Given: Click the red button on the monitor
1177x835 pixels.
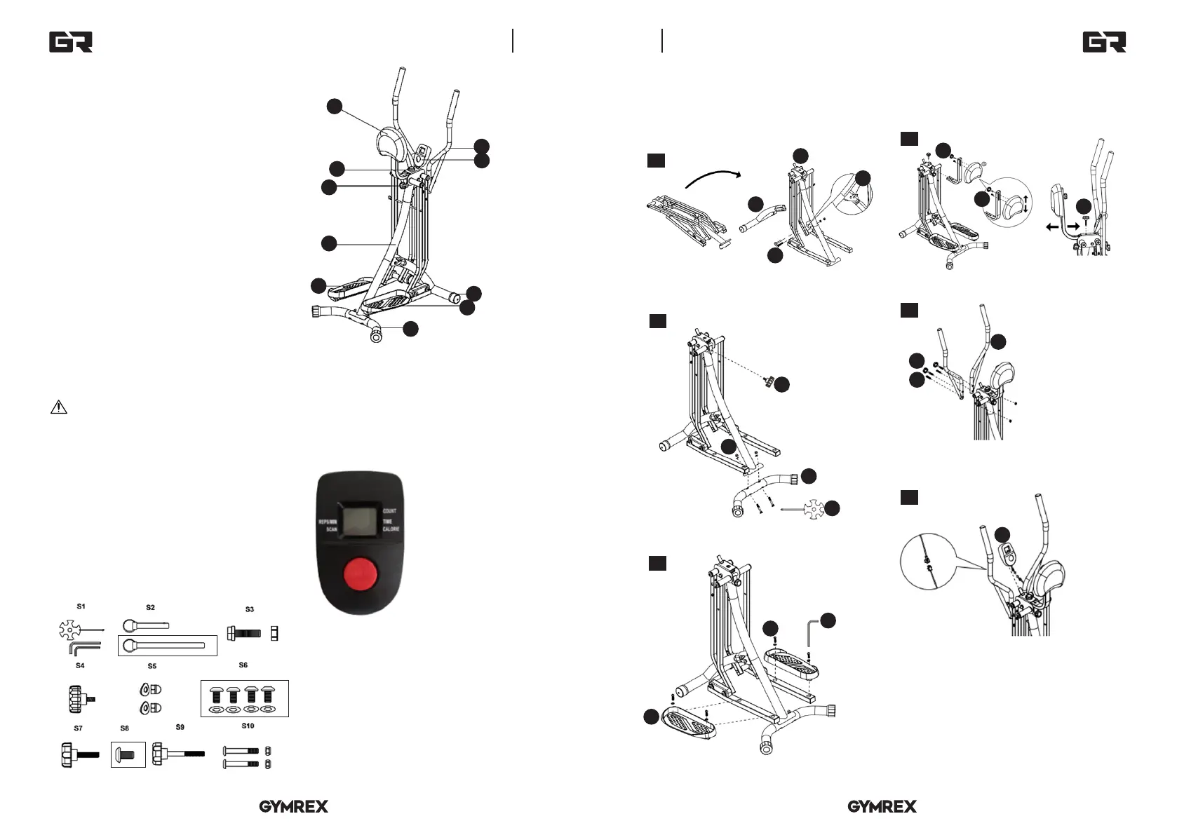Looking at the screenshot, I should pos(360,575).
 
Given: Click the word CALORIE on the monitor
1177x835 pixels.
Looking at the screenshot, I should pos(391,529).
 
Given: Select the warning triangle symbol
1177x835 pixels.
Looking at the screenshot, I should pos(59,407).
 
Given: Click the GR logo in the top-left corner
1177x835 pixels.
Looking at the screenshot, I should pos(71,42).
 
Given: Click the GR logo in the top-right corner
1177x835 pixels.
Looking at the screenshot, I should pos(1104,42).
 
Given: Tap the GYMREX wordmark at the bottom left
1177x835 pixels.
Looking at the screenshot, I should pos(293,807).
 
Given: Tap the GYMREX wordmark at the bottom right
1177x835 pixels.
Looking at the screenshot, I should pos(882,807).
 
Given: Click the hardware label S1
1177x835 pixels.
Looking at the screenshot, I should pos(81,606).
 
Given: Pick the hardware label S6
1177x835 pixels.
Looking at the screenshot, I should pos(243,665).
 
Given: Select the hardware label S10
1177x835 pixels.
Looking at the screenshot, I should pos(248,726).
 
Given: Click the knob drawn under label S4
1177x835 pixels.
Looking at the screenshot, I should pos(79,698).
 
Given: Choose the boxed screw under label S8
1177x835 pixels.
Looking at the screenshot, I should pos(128,755).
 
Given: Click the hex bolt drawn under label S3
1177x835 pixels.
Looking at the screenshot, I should pos(244,633).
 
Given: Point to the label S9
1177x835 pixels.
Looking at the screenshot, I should pos(180,728).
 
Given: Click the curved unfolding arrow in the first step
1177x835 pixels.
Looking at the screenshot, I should pos(713,177).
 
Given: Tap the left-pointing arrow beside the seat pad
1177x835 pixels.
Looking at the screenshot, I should pos(1053,226).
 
